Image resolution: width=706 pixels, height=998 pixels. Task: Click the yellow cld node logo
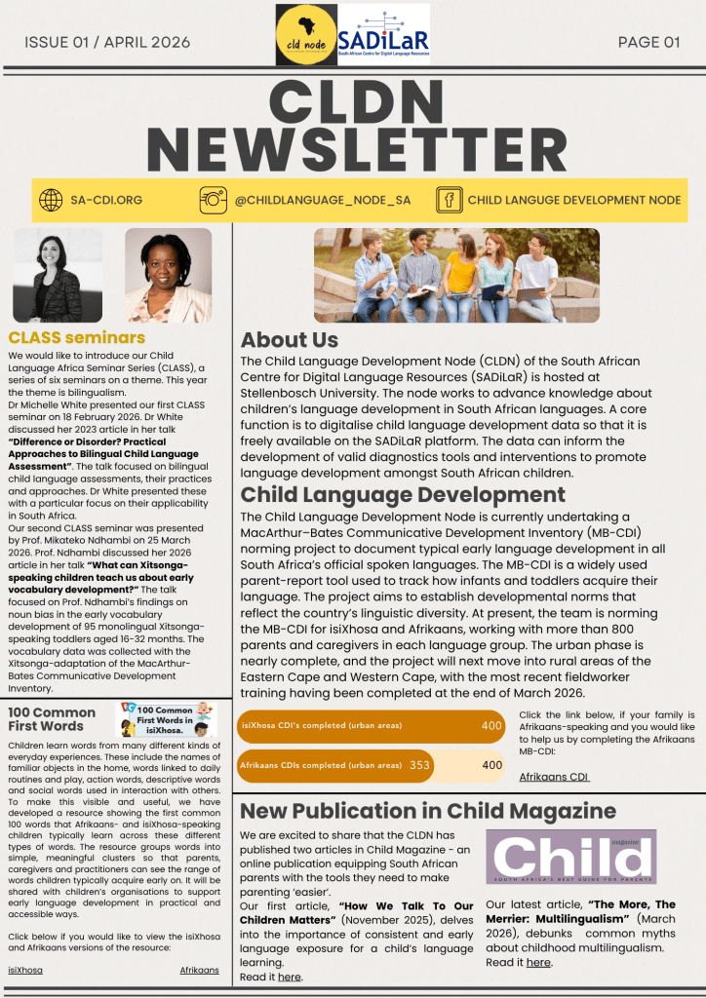tap(306, 35)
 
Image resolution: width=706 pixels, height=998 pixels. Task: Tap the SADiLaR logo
tap(383, 35)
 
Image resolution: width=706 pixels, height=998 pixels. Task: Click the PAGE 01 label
tap(648, 42)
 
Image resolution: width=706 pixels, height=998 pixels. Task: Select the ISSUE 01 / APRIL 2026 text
tap(107, 42)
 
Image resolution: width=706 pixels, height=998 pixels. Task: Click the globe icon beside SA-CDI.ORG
tap(51, 200)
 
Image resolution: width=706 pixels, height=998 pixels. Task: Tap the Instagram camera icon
tap(213, 200)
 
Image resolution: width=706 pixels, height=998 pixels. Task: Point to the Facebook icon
tap(449, 200)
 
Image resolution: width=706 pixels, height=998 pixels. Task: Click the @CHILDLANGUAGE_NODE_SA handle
tap(323, 201)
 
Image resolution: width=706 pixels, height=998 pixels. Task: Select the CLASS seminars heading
tap(76, 338)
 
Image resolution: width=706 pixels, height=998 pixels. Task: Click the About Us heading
tap(290, 340)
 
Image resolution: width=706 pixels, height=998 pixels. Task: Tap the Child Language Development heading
tap(403, 494)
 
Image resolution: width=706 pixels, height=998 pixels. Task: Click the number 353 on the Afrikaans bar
tap(419, 765)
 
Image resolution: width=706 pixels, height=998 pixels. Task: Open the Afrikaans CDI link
tap(554, 777)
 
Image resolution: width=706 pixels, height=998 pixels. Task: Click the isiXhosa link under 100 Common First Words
tap(25, 971)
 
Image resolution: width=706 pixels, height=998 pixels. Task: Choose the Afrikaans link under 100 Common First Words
tap(200, 971)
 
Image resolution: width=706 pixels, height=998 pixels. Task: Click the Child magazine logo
tap(570, 858)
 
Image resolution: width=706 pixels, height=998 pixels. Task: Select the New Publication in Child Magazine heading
tap(428, 811)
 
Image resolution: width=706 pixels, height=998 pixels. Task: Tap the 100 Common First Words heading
tap(52, 719)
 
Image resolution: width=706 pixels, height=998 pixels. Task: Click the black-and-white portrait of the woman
tap(57, 276)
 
